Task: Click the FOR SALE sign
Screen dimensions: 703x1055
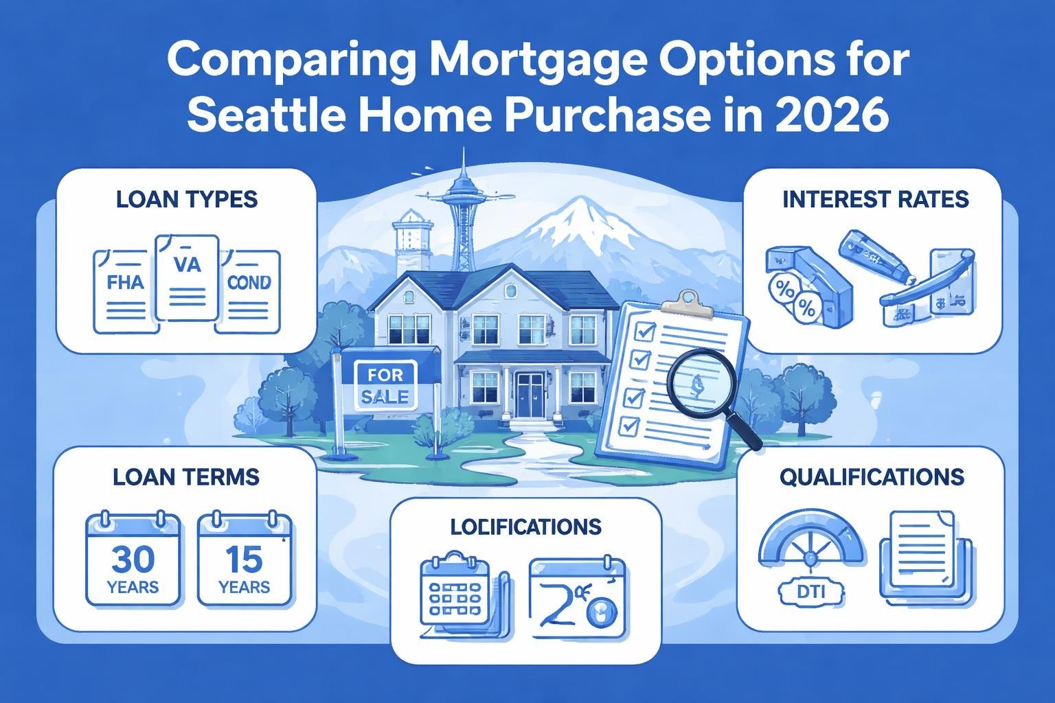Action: coord(387,385)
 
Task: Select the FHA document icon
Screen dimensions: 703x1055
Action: coord(126,291)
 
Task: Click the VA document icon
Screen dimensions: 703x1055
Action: coord(187,277)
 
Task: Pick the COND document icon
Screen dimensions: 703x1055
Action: coord(248,291)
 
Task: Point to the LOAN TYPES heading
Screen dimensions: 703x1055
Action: coord(187,199)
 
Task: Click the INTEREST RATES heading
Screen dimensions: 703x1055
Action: coord(876,199)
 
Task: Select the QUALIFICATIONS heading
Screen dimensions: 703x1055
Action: coord(872,476)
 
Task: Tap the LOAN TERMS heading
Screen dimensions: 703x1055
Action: coord(186,476)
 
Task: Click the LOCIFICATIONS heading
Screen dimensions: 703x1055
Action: coord(525,527)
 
